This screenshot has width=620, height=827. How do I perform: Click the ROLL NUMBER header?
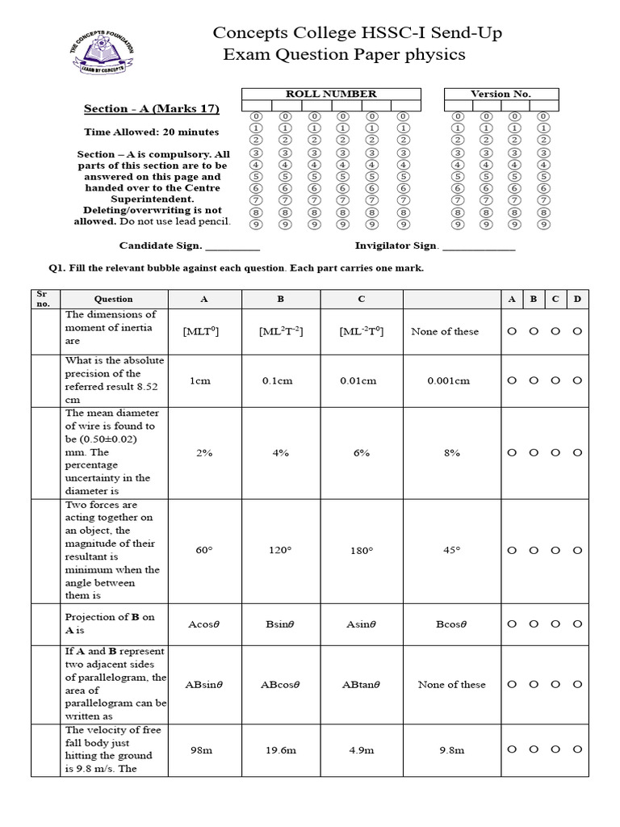331,94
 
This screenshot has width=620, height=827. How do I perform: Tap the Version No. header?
501,94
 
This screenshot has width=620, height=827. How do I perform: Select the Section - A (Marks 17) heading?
152,109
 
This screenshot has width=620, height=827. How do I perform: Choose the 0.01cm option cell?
361,380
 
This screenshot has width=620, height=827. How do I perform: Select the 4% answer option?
280,453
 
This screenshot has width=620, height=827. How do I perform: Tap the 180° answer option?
361,551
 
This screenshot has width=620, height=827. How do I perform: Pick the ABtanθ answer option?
361,685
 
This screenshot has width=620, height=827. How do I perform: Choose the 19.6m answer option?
280,750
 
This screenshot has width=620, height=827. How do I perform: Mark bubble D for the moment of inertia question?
577,331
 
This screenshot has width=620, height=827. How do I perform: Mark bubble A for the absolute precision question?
512,380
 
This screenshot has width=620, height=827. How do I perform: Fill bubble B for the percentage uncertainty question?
534,453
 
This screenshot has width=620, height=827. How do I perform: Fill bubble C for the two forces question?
555,551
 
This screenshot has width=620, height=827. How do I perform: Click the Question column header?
114,299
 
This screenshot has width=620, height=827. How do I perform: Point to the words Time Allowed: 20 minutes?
152,132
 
